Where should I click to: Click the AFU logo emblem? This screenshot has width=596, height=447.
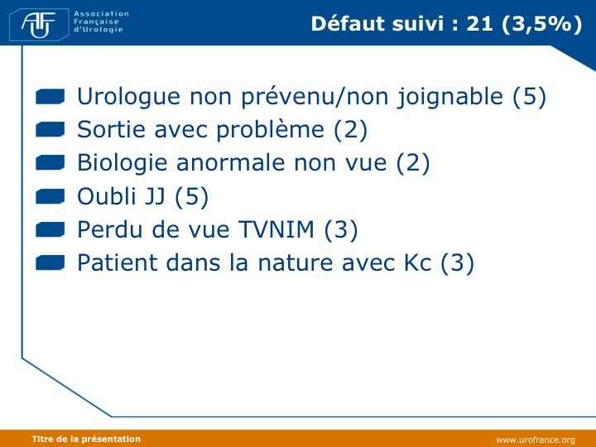pos(39,24)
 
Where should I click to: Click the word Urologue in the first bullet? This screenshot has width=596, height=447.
pos(128,97)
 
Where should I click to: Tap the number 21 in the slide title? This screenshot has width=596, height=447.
pos(479,23)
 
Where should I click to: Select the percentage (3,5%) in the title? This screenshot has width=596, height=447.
pos(541,24)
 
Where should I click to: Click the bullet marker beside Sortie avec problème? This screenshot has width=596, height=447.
pos(50,130)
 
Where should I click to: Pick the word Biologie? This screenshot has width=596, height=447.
pos(122,163)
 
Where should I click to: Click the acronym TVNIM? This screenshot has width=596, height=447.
pos(276,229)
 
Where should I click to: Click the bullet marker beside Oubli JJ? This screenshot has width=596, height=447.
pos(50,196)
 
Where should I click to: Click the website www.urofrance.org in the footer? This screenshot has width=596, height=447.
pos(536,440)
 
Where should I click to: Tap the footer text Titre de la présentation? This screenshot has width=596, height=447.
pos(86,439)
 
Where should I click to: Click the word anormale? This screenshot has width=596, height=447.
pos(231,163)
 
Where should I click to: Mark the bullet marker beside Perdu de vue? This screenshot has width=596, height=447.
pos(50,229)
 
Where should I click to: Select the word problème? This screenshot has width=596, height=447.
pos(270,131)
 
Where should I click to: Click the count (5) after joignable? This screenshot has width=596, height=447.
pos(529,97)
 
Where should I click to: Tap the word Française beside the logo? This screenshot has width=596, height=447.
pos(96,22)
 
